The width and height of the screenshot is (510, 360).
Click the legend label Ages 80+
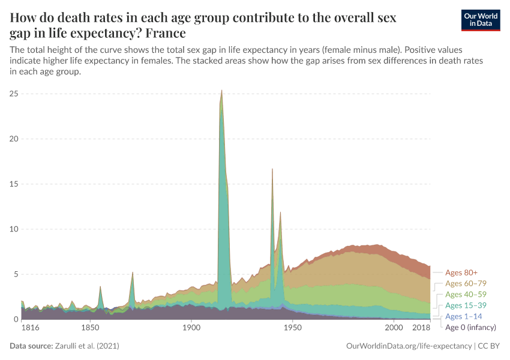click(x=461, y=273)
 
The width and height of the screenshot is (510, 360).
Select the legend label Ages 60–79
click(x=466, y=284)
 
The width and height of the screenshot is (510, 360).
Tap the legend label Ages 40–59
click(x=466, y=295)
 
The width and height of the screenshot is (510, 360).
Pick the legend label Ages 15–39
click(x=466, y=305)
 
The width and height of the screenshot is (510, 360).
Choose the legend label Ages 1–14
click(x=463, y=316)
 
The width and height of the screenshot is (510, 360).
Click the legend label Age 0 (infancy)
click(x=470, y=327)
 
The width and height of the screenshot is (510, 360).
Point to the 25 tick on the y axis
click(x=14, y=94)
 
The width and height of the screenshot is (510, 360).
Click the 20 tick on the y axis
click(x=14, y=139)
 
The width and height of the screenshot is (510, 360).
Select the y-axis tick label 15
click(x=14, y=184)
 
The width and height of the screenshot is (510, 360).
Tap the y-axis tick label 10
click(x=14, y=229)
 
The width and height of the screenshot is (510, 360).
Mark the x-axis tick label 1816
click(x=29, y=328)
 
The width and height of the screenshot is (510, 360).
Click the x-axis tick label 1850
click(x=90, y=328)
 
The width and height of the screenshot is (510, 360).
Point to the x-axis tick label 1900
click(x=191, y=328)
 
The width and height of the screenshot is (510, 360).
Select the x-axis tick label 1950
click(x=292, y=328)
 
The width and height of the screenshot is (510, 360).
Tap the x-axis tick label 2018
click(x=422, y=328)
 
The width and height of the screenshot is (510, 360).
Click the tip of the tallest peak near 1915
click(x=222, y=91)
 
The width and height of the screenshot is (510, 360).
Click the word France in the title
click(x=162, y=32)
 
